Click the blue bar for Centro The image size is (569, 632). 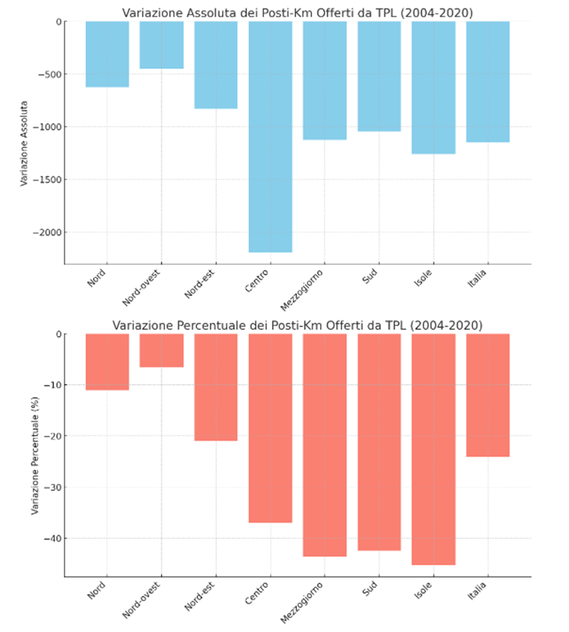tap(270, 137)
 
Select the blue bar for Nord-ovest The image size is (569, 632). tap(162, 45)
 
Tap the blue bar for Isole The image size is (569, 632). tap(433, 87)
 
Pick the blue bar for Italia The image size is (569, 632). tap(488, 81)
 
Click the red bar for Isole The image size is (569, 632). tap(433, 449)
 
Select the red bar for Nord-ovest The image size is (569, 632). tap(162, 350)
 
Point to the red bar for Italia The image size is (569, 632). tap(488, 395)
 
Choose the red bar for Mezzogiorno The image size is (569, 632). tap(324, 445)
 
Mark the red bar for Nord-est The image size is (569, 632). tap(216, 387)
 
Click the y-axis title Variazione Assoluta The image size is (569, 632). tap(24, 143)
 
